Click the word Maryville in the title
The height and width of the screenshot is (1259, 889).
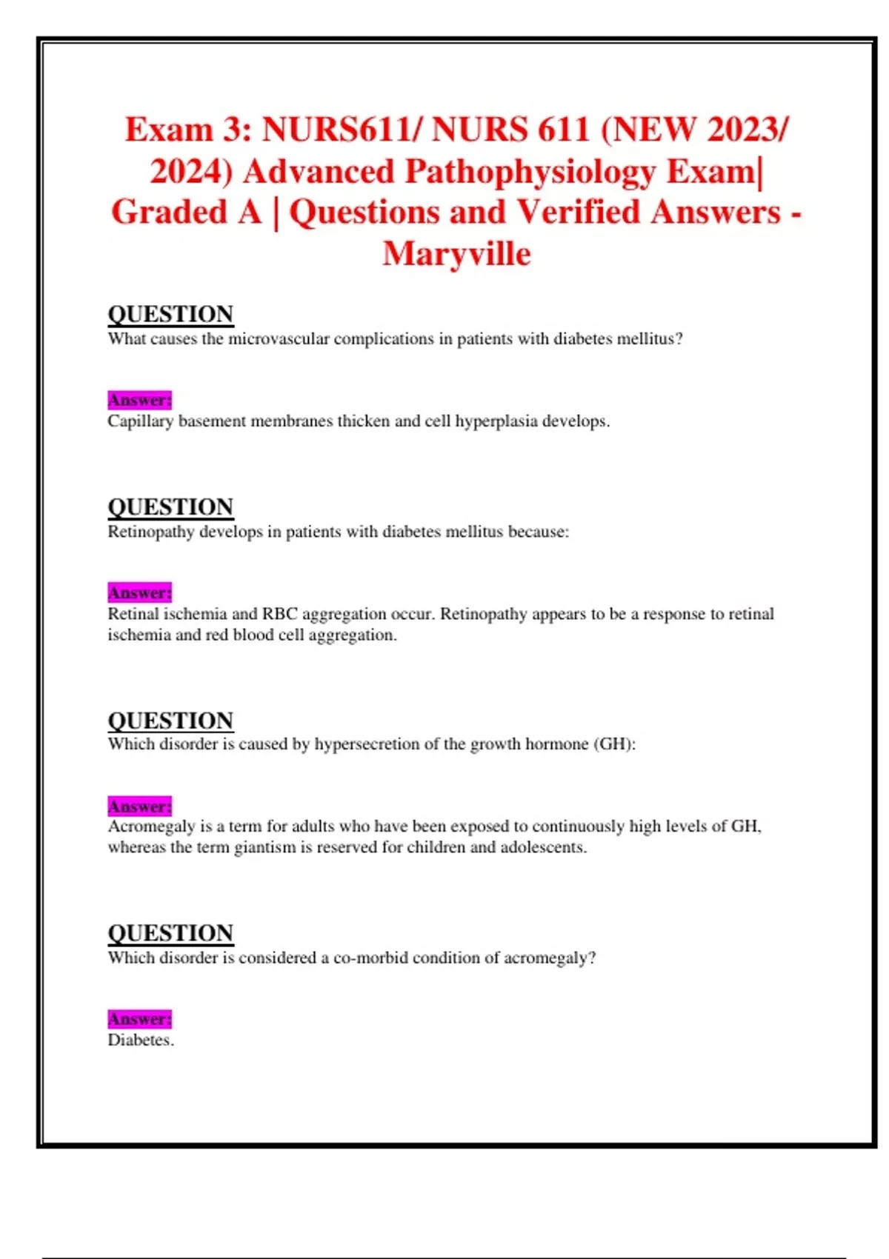tap(456, 254)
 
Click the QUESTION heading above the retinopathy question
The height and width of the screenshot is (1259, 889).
tap(170, 507)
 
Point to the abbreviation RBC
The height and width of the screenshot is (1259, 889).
tap(279, 614)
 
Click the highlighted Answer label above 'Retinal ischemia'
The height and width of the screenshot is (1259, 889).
tap(139, 592)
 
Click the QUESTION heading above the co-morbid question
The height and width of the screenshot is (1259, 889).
tap(170, 933)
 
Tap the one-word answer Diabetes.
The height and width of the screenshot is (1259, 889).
tap(140, 1040)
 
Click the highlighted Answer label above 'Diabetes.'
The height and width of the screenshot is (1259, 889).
tap(139, 1019)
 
